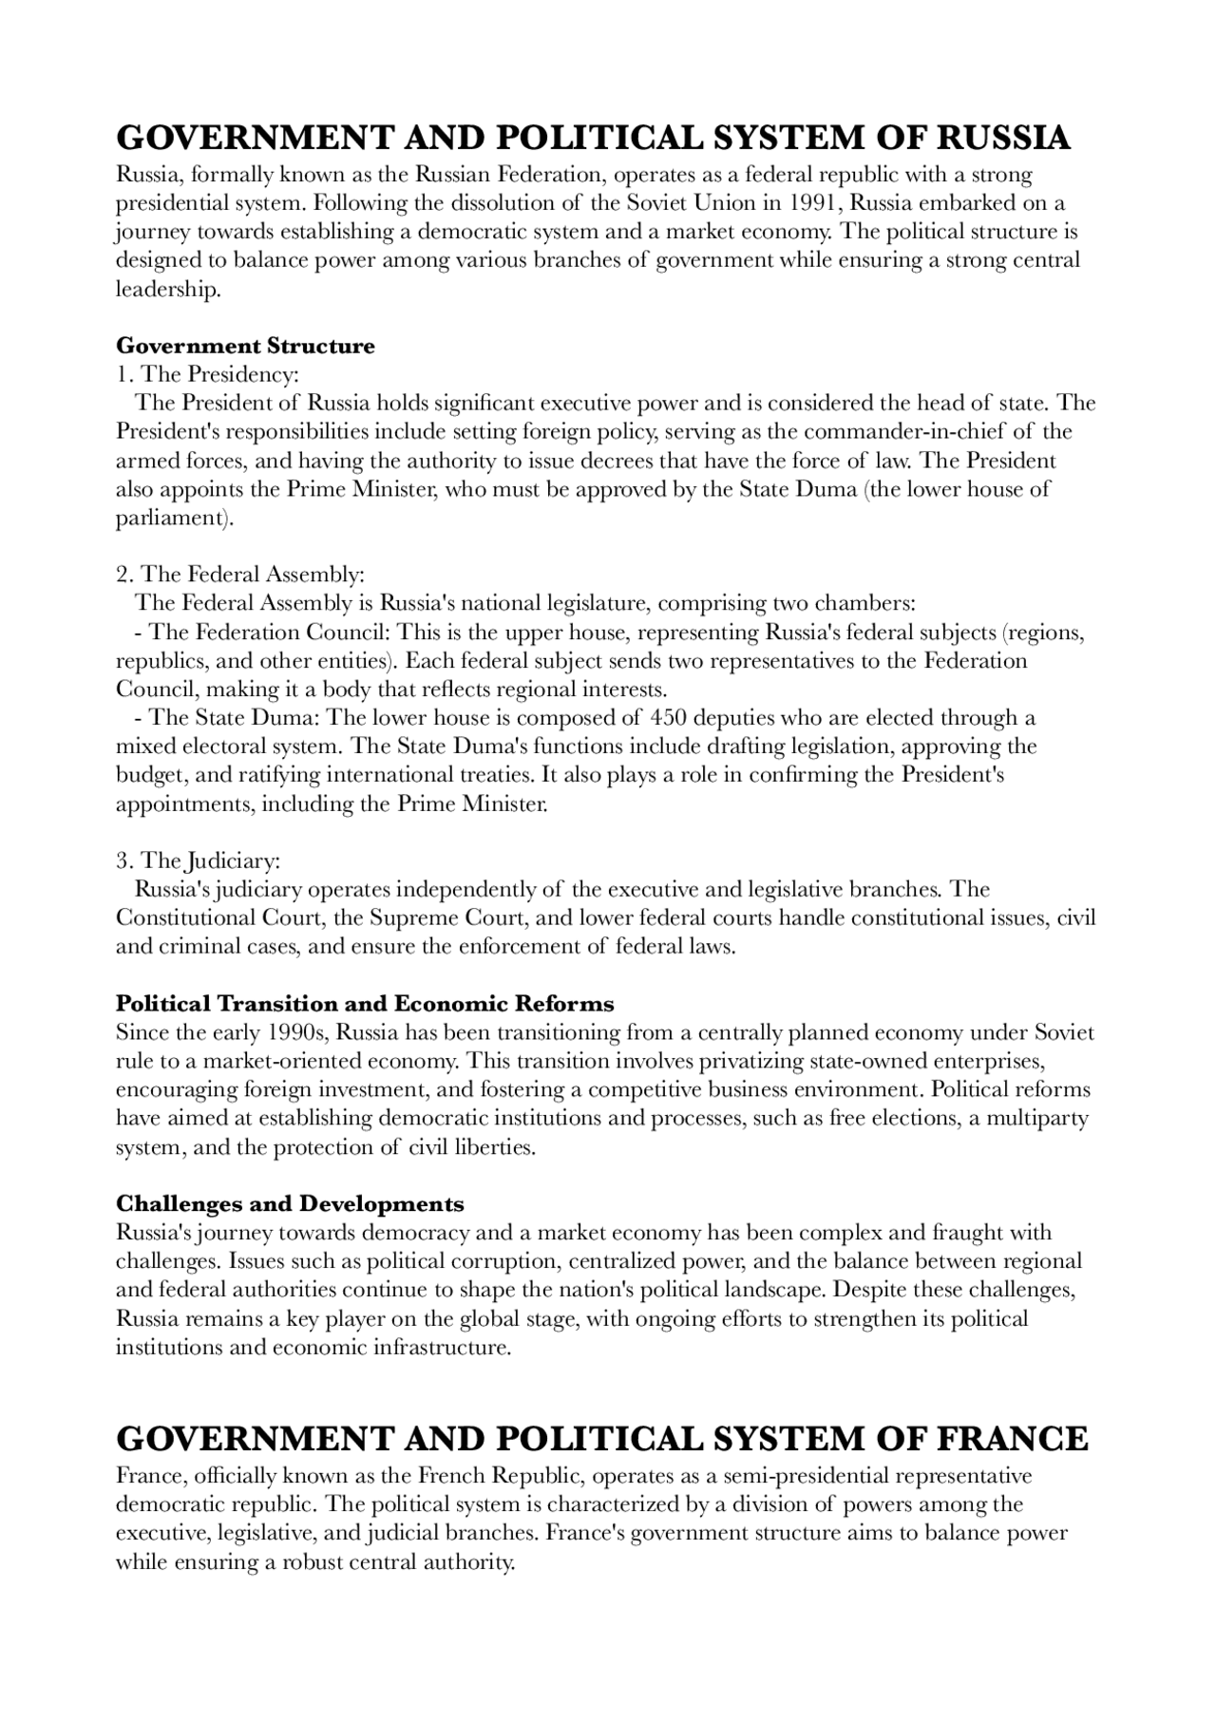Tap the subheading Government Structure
point(245,346)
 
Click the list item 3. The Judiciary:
point(198,861)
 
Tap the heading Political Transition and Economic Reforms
point(365,1004)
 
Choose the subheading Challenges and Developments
point(290,1204)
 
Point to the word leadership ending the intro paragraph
point(167,290)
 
